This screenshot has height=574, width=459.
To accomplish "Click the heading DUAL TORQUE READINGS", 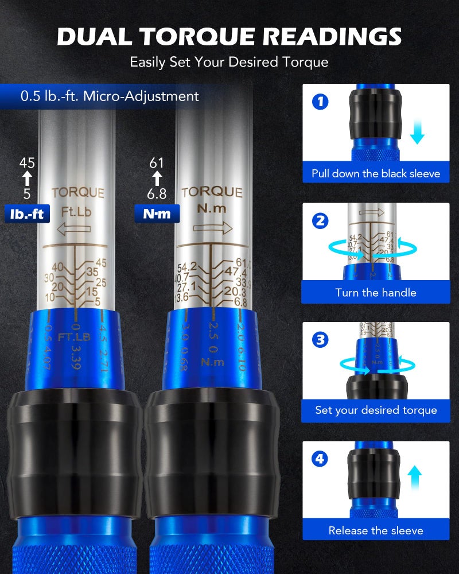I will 229,36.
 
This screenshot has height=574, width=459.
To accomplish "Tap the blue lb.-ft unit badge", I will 27,214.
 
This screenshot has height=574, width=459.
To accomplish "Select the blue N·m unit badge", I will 157,214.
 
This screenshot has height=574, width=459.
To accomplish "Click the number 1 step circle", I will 320,102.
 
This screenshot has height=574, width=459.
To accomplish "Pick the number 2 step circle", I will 320,221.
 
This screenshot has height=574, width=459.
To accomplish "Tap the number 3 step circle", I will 320,340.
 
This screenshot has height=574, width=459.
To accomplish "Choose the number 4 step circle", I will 320,459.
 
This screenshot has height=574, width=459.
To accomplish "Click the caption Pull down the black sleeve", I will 376,173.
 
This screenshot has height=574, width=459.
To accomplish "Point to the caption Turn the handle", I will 376,293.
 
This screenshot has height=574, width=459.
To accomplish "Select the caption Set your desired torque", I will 376,410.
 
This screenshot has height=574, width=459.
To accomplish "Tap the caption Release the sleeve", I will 376,530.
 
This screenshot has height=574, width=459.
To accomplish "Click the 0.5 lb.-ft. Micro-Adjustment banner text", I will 110,96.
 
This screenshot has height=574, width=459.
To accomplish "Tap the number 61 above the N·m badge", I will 157,163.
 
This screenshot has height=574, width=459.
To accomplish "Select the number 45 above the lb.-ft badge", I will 27,163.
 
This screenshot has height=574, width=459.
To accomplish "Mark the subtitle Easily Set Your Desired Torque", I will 229,61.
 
